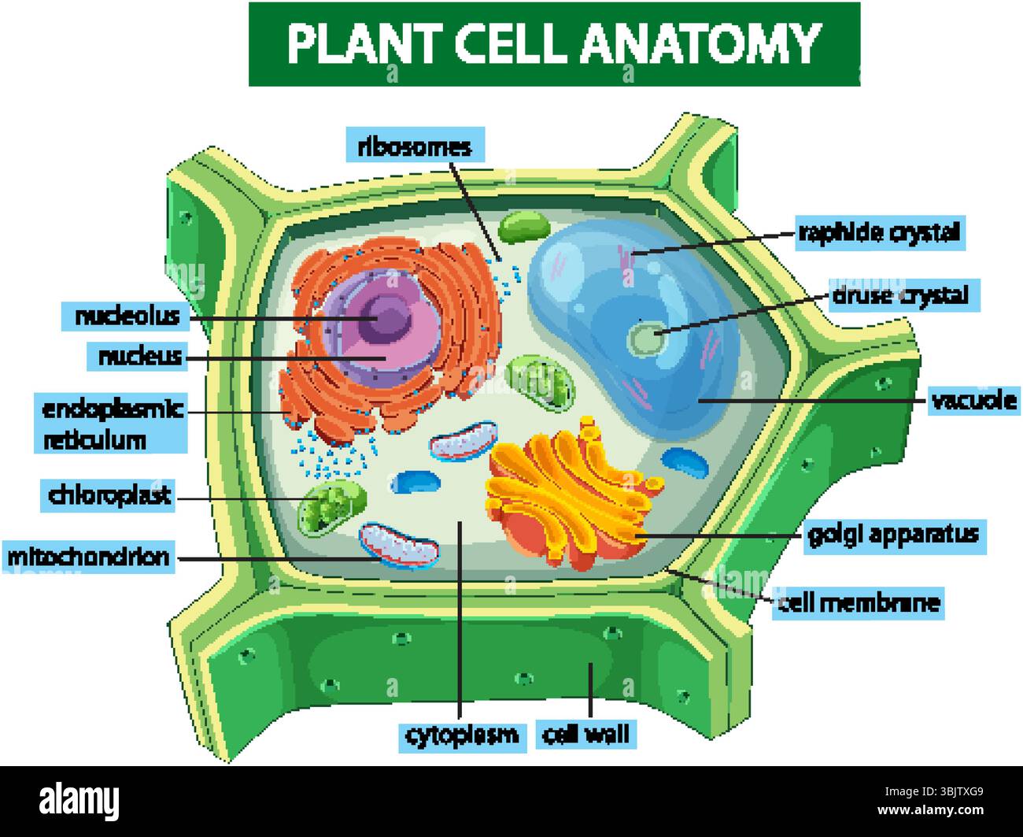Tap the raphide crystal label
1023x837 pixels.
point(879,232)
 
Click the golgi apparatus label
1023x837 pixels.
point(893,535)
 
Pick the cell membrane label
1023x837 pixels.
point(858,603)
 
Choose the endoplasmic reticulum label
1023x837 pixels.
point(113,424)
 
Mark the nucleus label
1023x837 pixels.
point(139,357)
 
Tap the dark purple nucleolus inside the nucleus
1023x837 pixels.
point(387,319)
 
